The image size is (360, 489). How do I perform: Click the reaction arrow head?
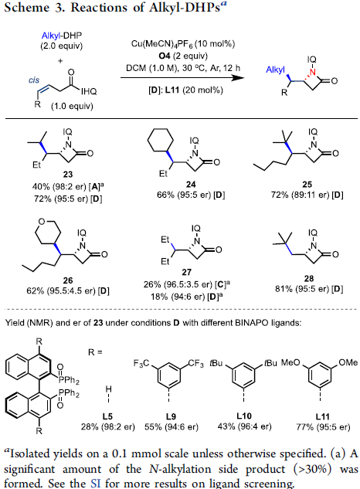[239, 77]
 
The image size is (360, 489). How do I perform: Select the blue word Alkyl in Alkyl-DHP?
[52, 36]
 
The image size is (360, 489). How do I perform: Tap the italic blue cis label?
[34, 80]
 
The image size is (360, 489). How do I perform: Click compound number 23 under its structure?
[68, 174]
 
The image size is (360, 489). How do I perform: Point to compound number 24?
[191, 185]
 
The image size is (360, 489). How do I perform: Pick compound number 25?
[307, 185]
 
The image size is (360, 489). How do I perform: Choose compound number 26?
[68, 280]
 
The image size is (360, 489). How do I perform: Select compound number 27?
[186, 272]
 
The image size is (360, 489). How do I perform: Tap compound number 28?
[309, 279]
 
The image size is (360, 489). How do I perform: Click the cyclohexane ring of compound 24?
[161, 140]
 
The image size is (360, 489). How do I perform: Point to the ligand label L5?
[107, 416]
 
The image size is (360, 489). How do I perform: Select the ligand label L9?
[171, 416]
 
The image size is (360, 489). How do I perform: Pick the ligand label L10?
[244, 416]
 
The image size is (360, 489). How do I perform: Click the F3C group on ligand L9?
[141, 363]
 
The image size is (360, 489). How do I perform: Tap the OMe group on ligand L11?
[348, 362]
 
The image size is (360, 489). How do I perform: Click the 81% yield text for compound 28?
[282, 289]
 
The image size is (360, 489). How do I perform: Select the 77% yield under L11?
[304, 426]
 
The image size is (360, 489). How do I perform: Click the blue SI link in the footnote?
[96, 483]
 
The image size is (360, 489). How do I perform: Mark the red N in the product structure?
[312, 73]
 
